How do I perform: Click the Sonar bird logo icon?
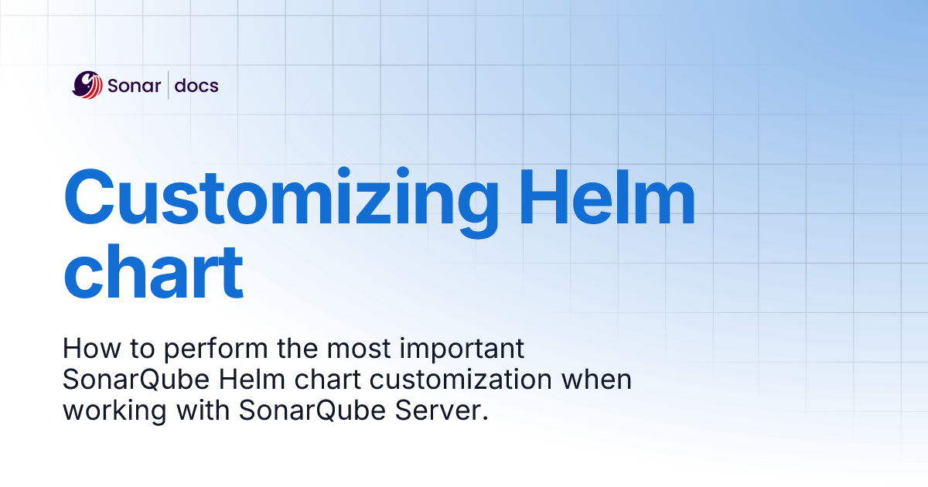[x=87, y=85]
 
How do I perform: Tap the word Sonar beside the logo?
[x=135, y=85]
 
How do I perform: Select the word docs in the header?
[x=196, y=85]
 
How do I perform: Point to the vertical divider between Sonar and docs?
[x=168, y=85]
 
